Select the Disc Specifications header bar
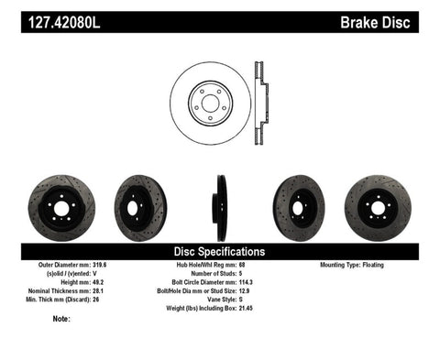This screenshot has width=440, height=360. pyautogui.click(x=220, y=251)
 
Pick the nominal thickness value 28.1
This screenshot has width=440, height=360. pyautogui.click(x=109, y=290)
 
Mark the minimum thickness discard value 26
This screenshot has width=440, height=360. pyautogui.click(x=106, y=299)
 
